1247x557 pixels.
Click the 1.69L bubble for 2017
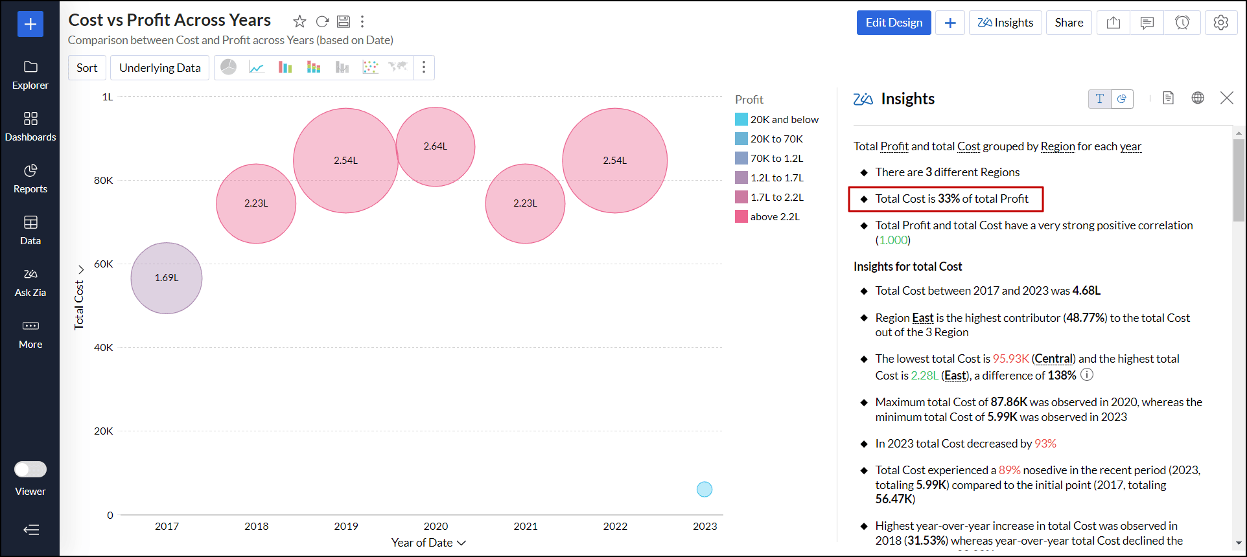pos(167,278)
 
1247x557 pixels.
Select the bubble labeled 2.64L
pos(436,146)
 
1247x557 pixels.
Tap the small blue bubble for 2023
pos(705,489)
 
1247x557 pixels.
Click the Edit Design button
pos(894,23)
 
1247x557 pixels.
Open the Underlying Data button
pos(160,68)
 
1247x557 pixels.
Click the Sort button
pos(87,68)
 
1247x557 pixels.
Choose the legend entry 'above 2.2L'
pos(775,216)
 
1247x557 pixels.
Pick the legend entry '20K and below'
pos(784,119)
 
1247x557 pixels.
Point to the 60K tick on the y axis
pos(104,264)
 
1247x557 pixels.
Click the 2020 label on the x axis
pos(436,526)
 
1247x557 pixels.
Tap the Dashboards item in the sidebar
pos(30,126)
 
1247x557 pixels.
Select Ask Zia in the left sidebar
pos(30,282)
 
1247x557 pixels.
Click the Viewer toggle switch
pos(30,469)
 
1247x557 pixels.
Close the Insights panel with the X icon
pos(1226,98)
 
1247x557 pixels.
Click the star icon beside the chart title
pos(299,21)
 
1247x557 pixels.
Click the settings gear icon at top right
pos(1220,23)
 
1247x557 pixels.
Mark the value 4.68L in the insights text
pos(1086,291)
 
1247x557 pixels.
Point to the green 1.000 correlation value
pos(893,240)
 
